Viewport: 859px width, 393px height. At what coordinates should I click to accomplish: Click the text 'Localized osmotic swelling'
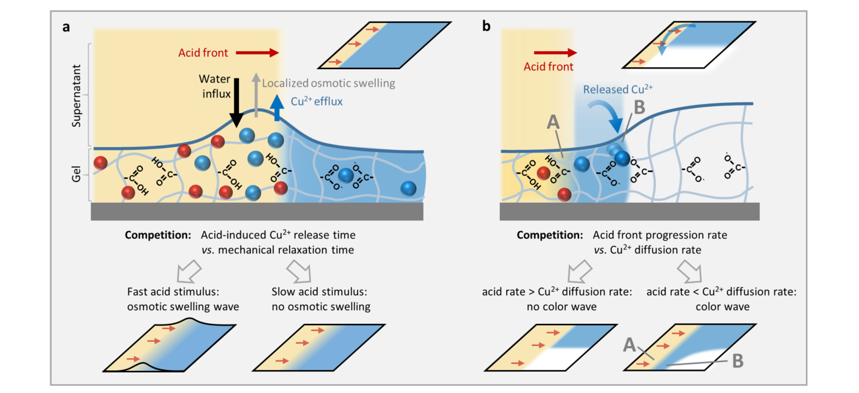click(328, 83)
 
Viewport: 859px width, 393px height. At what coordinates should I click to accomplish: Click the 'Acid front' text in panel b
click(549, 67)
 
